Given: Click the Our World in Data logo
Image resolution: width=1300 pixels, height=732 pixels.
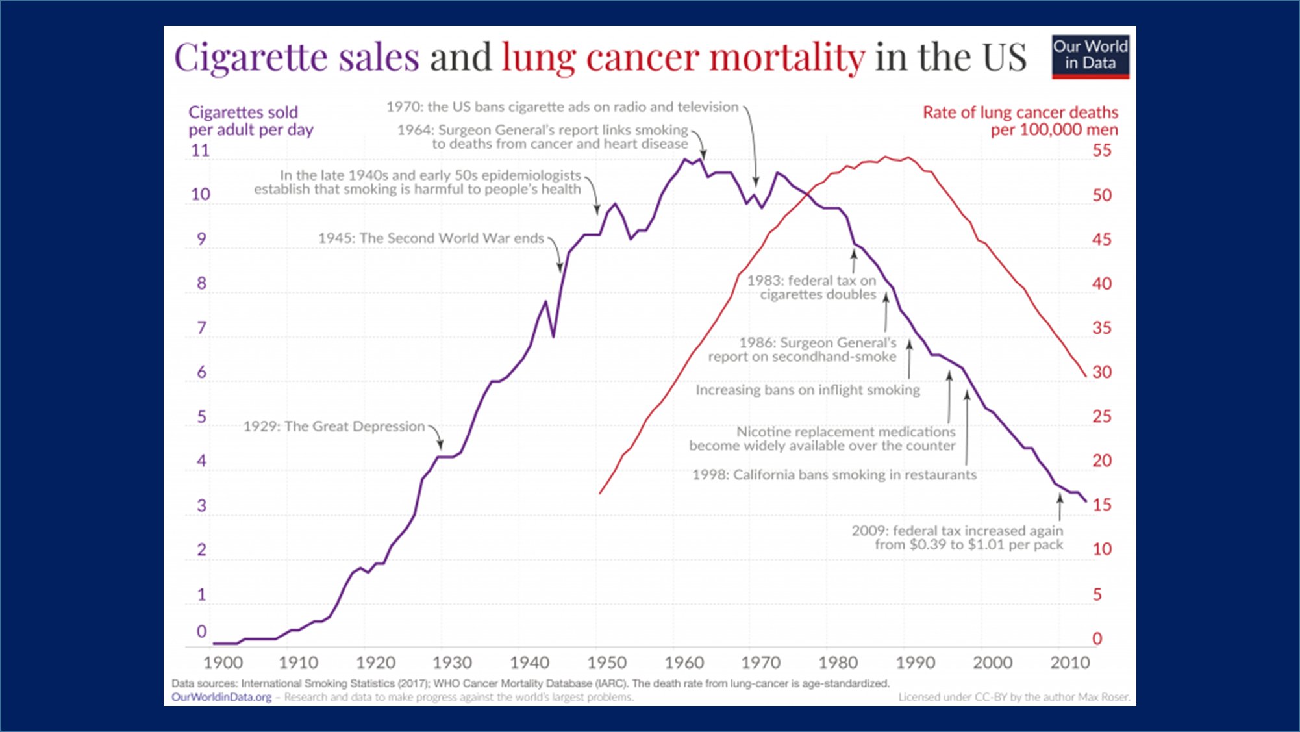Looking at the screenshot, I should pyautogui.click(x=1090, y=57).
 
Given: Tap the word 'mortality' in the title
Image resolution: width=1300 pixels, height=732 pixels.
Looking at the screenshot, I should pyautogui.click(x=787, y=57).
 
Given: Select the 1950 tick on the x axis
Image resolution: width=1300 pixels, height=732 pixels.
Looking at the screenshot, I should pyautogui.click(x=606, y=663).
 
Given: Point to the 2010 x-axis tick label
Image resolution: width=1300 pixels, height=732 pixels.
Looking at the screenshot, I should pyautogui.click(x=1069, y=663).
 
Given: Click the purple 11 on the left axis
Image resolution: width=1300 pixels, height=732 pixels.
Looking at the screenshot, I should pyautogui.click(x=200, y=151).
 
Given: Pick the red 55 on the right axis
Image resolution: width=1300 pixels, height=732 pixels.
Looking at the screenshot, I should pyautogui.click(x=1102, y=151).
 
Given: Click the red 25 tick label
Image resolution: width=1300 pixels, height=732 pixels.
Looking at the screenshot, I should pyautogui.click(x=1102, y=416).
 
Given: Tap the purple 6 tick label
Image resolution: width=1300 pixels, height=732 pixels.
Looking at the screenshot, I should pyautogui.click(x=201, y=372).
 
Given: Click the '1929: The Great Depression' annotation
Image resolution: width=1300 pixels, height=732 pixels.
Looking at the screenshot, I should pyautogui.click(x=334, y=426).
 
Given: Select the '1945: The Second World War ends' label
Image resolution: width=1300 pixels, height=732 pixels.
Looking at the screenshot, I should pyautogui.click(x=431, y=238).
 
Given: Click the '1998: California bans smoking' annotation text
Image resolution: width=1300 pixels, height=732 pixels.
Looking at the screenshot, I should pyautogui.click(x=834, y=475).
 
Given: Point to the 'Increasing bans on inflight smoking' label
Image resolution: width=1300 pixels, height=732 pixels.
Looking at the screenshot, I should pyautogui.click(x=808, y=390).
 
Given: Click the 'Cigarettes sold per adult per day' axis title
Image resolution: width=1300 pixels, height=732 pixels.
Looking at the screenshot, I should pyautogui.click(x=251, y=121).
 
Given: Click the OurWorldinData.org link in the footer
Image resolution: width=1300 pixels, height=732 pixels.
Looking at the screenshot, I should pyautogui.click(x=221, y=697).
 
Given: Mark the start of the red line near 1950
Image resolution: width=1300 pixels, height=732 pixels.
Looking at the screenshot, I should pyautogui.click(x=600, y=493).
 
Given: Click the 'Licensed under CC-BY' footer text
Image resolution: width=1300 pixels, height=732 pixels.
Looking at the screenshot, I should pyautogui.click(x=1014, y=697).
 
